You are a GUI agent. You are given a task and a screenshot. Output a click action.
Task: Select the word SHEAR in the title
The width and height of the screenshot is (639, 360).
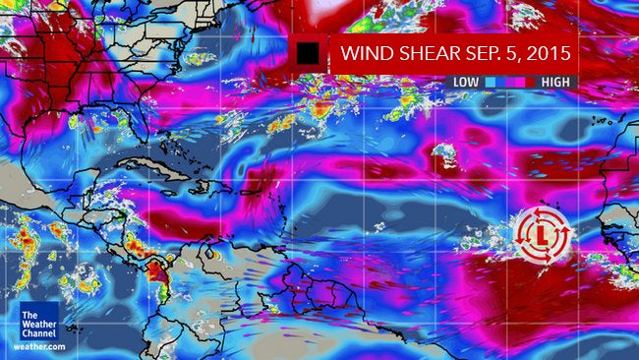(x=422, y=52)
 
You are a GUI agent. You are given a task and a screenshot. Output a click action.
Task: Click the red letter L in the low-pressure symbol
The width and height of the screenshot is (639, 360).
(x=542, y=234)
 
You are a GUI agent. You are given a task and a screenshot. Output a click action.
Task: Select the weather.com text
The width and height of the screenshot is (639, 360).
(x=40, y=346)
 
